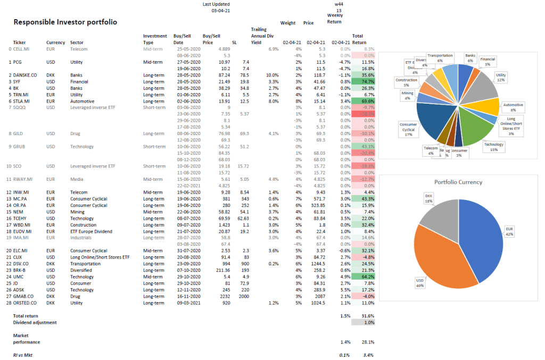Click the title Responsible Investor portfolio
65,22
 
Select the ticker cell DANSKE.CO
26,75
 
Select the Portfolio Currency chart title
458,182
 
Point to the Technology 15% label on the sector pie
493,146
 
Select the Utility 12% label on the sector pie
501,77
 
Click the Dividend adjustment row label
35,322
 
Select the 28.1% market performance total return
368,342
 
